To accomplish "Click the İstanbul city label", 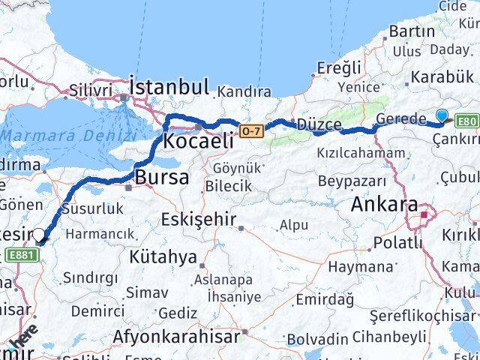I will [x=169, y=86].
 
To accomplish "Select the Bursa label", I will [x=161, y=178].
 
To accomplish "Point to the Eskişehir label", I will [x=199, y=220].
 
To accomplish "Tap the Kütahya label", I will [x=163, y=257].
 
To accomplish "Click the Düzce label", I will [x=318, y=124].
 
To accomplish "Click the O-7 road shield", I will [x=252, y=131].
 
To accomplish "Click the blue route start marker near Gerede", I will [x=442, y=116].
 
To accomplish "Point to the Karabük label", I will [x=442, y=76].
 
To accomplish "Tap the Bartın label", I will [x=412, y=31].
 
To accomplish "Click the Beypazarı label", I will [x=352, y=181].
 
